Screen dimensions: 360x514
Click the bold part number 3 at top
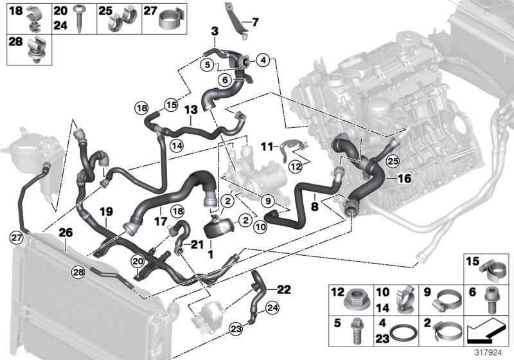215,31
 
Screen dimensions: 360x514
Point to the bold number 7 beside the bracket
255,22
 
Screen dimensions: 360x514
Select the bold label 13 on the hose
190,111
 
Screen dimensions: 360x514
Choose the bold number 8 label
314,207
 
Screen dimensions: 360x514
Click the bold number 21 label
197,242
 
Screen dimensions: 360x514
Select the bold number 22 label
284,288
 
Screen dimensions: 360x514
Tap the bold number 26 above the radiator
66,233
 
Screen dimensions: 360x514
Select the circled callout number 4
263,60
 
